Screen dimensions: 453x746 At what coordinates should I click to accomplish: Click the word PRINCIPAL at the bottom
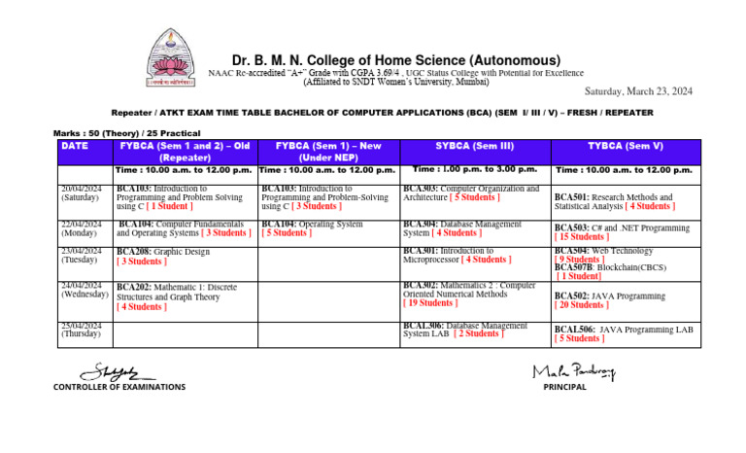click(x=565, y=387)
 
